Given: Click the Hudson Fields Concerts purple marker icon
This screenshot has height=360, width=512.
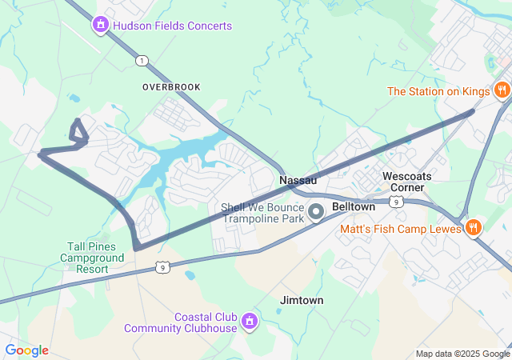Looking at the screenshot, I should pos(101,26).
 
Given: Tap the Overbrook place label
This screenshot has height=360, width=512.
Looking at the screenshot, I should pos(171,86).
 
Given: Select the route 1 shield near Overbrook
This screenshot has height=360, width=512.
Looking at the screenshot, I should pos(142,61).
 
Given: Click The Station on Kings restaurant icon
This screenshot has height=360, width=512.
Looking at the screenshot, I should pos(502,91).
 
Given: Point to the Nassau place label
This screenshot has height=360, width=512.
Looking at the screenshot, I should pos(298,181).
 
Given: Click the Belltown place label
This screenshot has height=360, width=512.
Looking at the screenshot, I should pos(353,206).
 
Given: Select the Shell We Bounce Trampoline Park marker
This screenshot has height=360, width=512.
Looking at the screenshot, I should pos(316,213).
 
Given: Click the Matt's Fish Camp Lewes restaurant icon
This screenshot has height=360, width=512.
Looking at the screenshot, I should pos(474,229).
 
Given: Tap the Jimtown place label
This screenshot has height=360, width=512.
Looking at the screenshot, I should pos(302,300).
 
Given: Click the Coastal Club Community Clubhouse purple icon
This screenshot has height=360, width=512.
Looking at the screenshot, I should pos(250,321).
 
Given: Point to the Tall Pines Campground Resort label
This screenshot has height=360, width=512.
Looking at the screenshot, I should pos(92,258).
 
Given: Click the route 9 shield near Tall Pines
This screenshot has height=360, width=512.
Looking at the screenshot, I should pos(163,268).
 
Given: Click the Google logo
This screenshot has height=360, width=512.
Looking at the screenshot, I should pos(27,350).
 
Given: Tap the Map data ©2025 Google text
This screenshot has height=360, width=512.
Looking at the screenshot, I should pos(462,354).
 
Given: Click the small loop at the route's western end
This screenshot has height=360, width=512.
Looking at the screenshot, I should pos(78,133).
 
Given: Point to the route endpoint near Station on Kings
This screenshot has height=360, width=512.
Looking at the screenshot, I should pos(471,112).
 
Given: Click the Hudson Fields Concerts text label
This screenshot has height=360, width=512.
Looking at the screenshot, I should pos(172,26).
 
